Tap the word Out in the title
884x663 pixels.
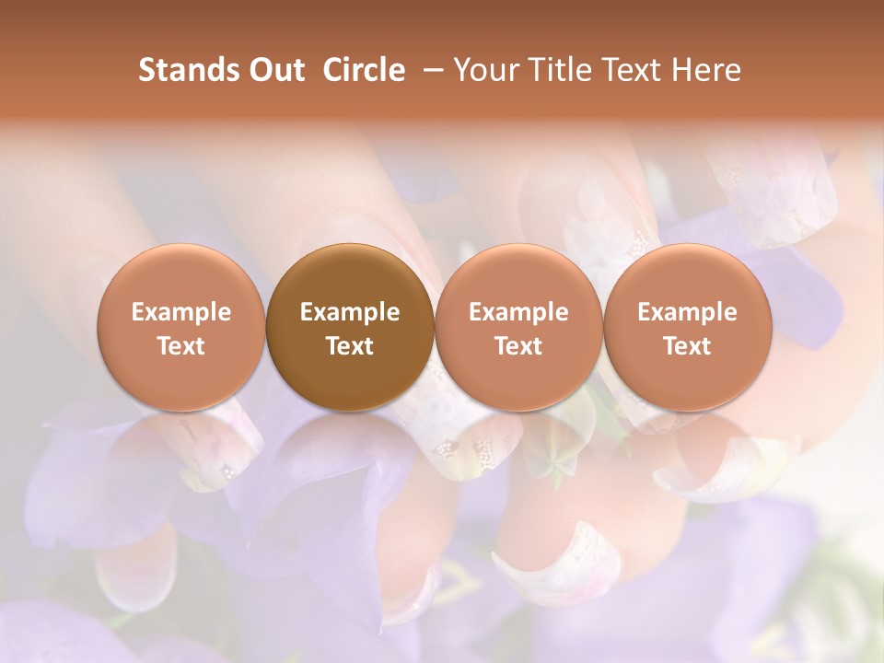click(x=274, y=70)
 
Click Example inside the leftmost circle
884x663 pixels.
click(x=181, y=312)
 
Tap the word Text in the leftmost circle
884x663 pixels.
click(x=181, y=346)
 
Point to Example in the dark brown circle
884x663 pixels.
click(x=350, y=312)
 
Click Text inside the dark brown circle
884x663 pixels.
click(x=350, y=346)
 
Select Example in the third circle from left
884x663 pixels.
click(x=518, y=312)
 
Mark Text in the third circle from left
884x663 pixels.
click(x=518, y=346)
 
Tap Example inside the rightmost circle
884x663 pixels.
click(x=687, y=312)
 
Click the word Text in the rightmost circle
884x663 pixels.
click(x=687, y=346)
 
